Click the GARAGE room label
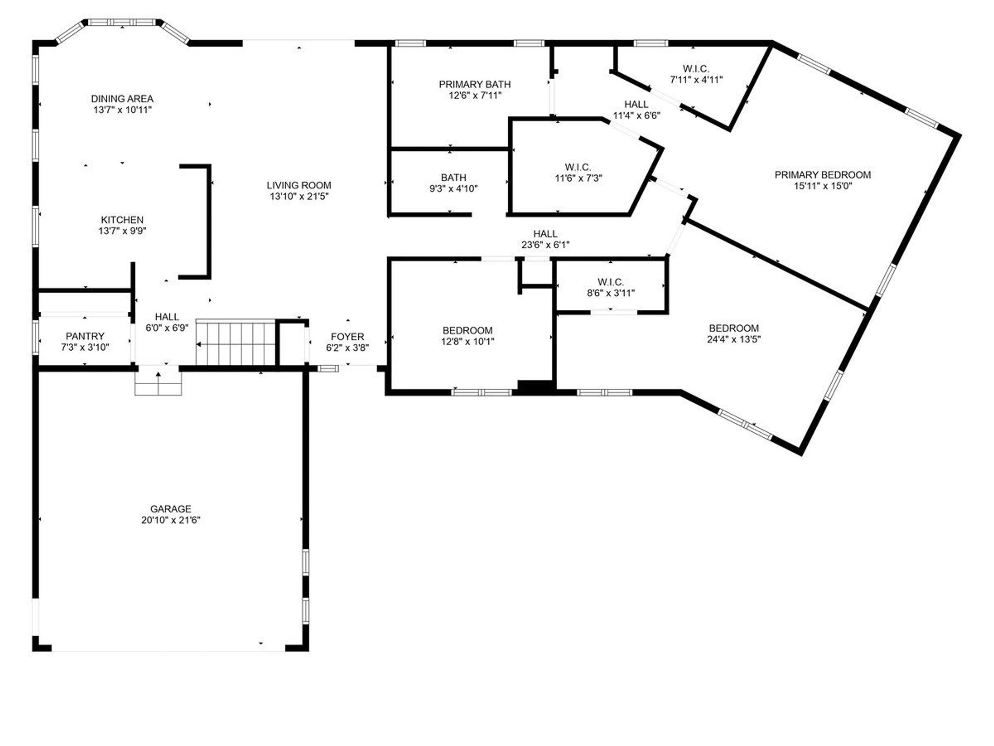click(x=170, y=509)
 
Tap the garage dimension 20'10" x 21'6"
click(x=170, y=520)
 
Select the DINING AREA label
click(x=122, y=99)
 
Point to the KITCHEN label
click(x=122, y=220)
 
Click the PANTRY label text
click(x=85, y=336)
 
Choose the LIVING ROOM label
click(x=298, y=185)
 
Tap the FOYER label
click(x=347, y=337)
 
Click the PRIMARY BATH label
click(x=474, y=85)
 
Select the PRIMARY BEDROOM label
click(x=822, y=175)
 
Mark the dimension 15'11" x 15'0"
click(x=822, y=186)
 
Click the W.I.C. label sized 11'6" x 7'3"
click(x=578, y=168)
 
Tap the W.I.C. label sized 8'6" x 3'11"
click(x=611, y=282)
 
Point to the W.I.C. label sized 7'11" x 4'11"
click(x=696, y=69)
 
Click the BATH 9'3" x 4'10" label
click(x=453, y=178)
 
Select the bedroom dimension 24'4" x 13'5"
click(x=733, y=339)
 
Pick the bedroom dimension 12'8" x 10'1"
click(x=467, y=341)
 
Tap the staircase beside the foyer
click(x=236, y=342)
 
